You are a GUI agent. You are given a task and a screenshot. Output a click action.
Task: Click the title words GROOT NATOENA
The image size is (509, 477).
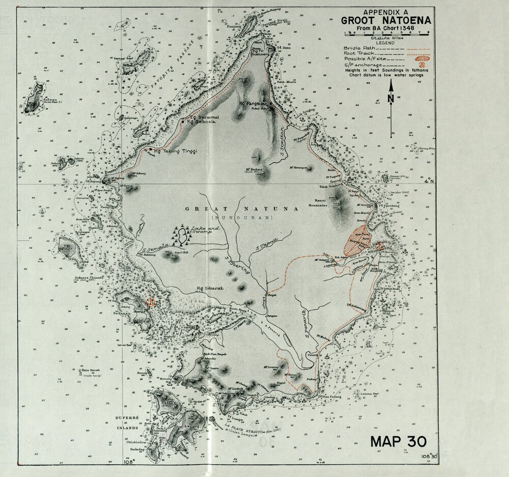click(x=386, y=20)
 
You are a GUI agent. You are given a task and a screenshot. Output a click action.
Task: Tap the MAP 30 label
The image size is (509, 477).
click(x=398, y=441)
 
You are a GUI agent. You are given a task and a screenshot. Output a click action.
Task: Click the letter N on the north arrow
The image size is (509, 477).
click(x=391, y=99)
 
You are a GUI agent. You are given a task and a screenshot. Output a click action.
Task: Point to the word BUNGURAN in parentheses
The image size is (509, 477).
click(x=238, y=218)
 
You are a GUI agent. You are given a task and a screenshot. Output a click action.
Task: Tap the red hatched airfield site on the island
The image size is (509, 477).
click(x=358, y=240)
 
